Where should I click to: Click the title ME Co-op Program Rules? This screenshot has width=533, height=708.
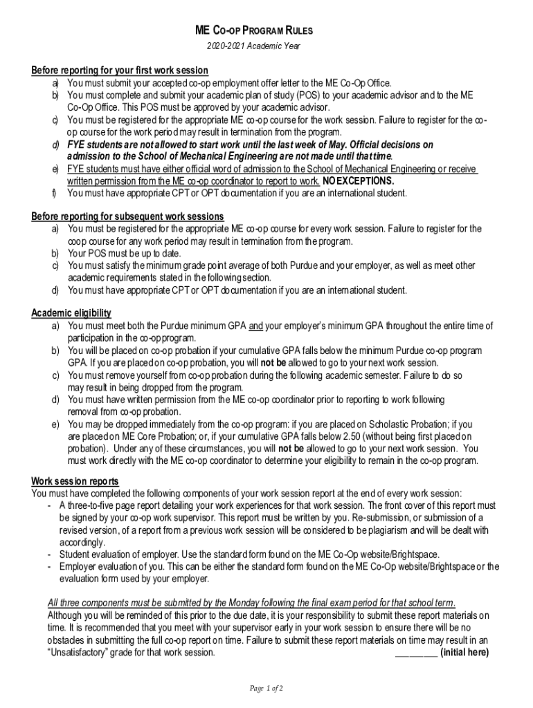pos(254,30)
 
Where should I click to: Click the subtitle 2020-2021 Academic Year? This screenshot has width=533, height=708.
pos(254,46)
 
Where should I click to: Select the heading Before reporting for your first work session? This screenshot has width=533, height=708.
pos(120,71)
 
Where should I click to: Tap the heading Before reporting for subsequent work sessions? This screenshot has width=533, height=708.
pos(127,216)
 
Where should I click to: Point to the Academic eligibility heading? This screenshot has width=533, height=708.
pos(71,313)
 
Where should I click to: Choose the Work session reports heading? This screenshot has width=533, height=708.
pos(75,481)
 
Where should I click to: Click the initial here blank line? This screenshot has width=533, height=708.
pos(415,652)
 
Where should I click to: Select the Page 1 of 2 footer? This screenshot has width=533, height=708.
pos(266,689)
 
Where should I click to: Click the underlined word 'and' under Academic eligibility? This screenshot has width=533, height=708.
pos(256,326)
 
